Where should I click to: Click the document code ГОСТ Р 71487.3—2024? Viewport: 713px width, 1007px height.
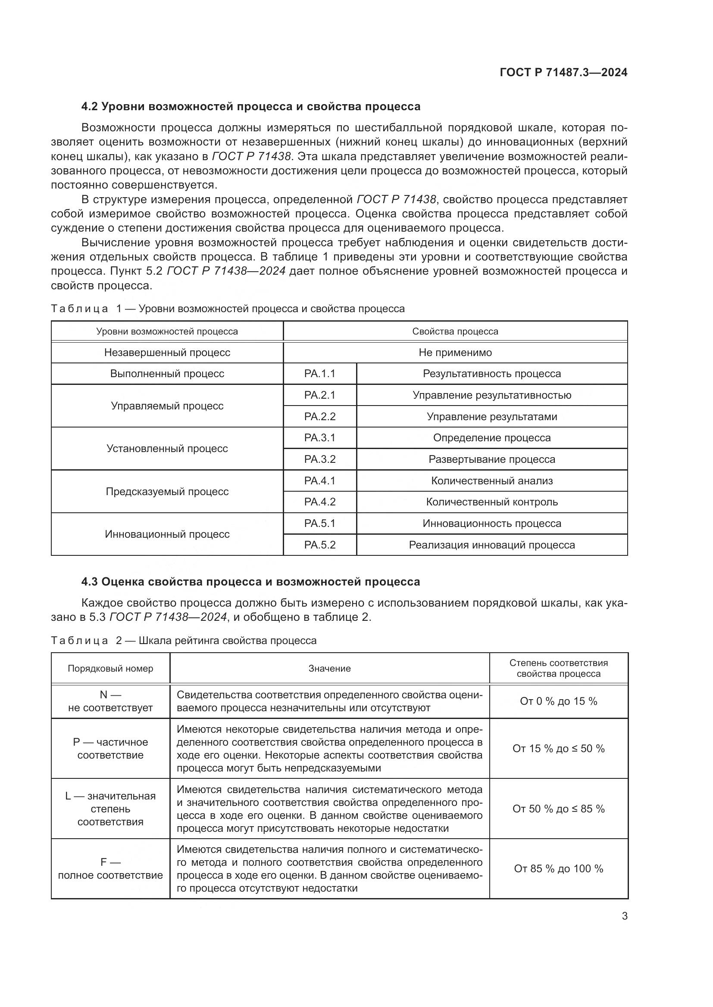[x=563, y=72]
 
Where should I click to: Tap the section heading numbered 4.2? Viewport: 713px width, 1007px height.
[x=251, y=107]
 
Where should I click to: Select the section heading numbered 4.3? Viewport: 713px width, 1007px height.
[x=251, y=582]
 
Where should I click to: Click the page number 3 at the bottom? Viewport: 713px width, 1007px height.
[x=624, y=916]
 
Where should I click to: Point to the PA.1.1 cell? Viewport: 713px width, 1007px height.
[x=319, y=374]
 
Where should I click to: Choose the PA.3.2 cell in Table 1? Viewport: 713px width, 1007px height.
[x=319, y=459]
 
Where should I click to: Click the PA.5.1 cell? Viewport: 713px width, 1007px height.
[x=319, y=523]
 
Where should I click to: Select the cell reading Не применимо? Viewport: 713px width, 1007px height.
[x=455, y=353]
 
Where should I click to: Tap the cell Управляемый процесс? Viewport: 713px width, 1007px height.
[x=167, y=406]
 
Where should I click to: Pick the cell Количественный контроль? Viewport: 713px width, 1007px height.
[x=492, y=502]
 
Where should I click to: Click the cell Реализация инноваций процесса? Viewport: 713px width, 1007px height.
[x=492, y=545]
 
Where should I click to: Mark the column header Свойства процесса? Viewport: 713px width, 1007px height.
[x=455, y=332]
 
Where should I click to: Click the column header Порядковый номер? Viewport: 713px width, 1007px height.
[x=110, y=669]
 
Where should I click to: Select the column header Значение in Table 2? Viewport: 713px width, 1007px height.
[x=329, y=669]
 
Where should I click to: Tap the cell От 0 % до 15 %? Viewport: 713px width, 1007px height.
[x=558, y=701]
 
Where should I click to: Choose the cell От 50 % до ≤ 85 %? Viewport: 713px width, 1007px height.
[x=558, y=809]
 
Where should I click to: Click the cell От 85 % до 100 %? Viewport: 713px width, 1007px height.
[x=558, y=869]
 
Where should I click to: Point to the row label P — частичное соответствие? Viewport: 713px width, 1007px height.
[x=110, y=749]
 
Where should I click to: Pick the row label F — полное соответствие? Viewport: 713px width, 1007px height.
[x=110, y=869]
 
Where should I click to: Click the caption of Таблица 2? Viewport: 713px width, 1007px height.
[x=184, y=641]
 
